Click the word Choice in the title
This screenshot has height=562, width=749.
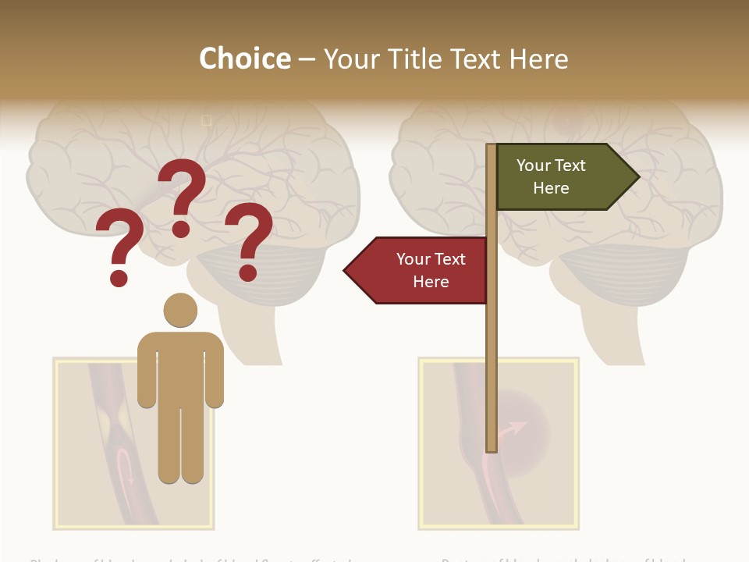244,59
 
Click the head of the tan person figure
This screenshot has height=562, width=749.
180,310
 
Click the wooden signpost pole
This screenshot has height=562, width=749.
492,351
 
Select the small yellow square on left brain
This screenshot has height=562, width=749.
207,120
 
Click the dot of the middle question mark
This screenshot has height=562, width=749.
181,228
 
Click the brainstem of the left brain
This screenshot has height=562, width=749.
250,336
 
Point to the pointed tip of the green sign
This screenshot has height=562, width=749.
638,177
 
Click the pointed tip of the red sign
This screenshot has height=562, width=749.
346,271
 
